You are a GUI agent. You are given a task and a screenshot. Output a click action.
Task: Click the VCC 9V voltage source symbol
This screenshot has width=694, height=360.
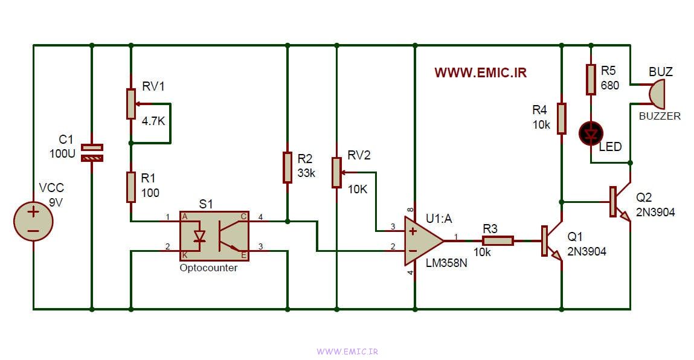(x=33, y=222)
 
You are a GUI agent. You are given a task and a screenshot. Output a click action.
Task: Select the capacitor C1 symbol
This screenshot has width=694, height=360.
(x=92, y=152)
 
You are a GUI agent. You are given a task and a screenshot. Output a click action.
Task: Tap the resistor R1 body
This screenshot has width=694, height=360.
(x=130, y=187)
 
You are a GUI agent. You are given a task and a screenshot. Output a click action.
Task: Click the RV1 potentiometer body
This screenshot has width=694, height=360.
(x=130, y=103)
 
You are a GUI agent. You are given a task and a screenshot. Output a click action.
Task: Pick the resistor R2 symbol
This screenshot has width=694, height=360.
(x=287, y=167)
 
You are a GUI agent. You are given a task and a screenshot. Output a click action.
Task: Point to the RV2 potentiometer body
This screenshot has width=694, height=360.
(x=336, y=172)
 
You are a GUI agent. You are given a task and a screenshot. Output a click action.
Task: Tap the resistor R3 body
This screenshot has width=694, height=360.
(x=498, y=240)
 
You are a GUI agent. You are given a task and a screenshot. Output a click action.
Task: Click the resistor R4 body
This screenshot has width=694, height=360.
(x=561, y=118)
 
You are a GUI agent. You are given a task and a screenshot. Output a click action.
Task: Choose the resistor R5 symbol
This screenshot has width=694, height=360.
(x=591, y=80)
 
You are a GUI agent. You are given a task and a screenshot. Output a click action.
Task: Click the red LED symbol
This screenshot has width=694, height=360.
(x=591, y=133)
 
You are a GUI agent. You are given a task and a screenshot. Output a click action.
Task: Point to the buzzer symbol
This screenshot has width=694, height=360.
(x=655, y=93)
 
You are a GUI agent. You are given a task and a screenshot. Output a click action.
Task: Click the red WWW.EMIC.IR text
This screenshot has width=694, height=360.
(x=480, y=72)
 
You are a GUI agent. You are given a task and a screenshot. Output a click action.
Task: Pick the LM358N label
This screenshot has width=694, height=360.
(x=446, y=263)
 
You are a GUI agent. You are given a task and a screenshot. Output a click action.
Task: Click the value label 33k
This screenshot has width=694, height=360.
(x=307, y=173)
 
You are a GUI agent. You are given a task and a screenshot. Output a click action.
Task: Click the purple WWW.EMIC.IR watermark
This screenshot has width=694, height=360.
(x=347, y=351)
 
